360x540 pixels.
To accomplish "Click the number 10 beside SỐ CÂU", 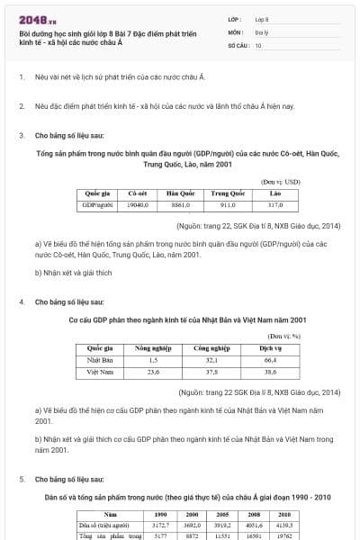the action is click(258, 44).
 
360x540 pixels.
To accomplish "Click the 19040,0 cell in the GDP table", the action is click(137, 204).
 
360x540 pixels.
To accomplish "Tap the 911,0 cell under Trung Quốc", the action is click(228, 204).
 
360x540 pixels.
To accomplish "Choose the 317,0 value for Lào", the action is click(275, 204).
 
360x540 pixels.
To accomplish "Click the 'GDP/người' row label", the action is click(97, 204).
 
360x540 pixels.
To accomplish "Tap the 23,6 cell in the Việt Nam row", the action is click(152, 370).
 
